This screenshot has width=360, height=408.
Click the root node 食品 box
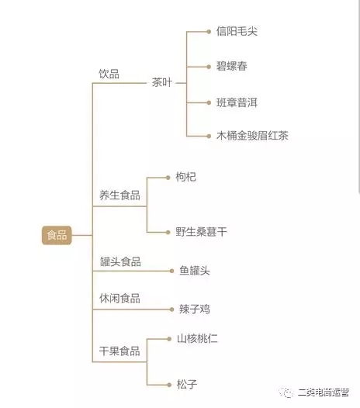point(57,235)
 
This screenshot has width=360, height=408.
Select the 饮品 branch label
point(109,74)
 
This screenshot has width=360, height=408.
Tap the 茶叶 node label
point(162,82)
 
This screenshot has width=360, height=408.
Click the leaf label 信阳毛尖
point(237,31)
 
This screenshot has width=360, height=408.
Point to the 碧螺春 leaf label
point(232,66)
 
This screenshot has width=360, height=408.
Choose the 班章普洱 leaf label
point(237,102)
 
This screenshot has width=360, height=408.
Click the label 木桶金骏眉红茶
point(252,136)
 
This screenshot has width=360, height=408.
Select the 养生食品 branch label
point(119,195)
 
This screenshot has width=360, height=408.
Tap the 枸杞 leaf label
point(185,177)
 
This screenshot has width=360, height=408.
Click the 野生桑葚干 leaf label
point(201,232)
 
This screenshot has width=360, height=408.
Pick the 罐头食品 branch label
point(120,261)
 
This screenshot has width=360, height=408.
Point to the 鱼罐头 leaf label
point(195,271)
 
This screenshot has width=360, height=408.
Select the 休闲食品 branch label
point(119,298)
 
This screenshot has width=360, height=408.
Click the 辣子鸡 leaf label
point(195,309)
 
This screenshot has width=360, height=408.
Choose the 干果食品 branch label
point(119,351)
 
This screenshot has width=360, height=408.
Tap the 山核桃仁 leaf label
point(197,338)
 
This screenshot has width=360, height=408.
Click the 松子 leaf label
point(187,384)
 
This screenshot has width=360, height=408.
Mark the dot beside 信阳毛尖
point(209,32)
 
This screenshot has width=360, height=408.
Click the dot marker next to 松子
point(169,385)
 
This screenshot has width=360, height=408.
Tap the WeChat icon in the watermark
point(286,392)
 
